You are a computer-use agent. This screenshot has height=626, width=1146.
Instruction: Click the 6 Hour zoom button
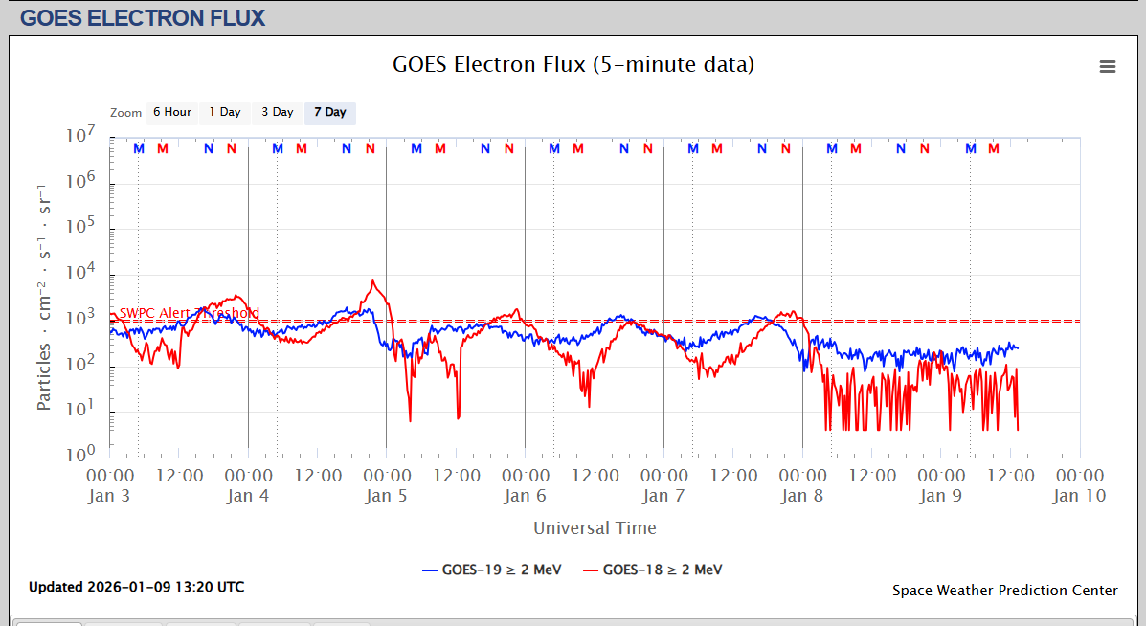click(x=172, y=113)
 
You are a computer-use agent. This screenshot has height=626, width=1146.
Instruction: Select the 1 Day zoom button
click(x=225, y=113)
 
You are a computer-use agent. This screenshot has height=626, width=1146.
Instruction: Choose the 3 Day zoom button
click(x=278, y=113)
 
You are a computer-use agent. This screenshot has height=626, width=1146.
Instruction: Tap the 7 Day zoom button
click(x=330, y=113)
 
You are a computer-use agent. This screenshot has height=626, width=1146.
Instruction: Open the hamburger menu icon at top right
click(x=1108, y=66)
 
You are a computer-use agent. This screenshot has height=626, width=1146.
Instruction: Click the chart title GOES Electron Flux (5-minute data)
click(x=573, y=65)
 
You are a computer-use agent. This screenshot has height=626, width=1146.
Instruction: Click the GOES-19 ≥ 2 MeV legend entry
click(x=492, y=570)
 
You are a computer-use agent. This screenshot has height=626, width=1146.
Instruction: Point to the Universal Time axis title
click(x=595, y=527)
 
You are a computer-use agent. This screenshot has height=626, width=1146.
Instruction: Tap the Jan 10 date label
click(x=1079, y=496)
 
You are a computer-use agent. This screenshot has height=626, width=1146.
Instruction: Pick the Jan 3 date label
click(x=108, y=496)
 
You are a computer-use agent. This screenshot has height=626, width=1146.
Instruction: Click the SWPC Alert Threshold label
click(x=189, y=313)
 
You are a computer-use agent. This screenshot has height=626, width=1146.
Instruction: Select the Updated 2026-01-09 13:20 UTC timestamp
click(x=136, y=587)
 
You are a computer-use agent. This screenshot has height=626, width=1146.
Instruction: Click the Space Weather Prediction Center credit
click(x=1004, y=591)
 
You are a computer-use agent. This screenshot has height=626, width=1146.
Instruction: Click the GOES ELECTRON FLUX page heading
click(x=143, y=17)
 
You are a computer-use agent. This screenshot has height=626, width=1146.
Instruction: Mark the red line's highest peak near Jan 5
click(x=372, y=281)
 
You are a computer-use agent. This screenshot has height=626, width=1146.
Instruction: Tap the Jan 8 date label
click(x=802, y=496)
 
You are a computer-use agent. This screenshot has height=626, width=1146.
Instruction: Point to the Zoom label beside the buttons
click(x=125, y=113)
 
